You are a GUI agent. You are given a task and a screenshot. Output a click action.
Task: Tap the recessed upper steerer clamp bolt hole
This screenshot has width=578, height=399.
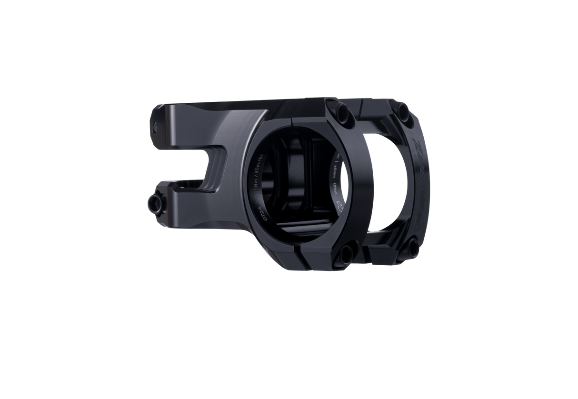click(157, 125)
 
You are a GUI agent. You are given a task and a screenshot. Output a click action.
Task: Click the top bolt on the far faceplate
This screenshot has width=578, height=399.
click(403, 111)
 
